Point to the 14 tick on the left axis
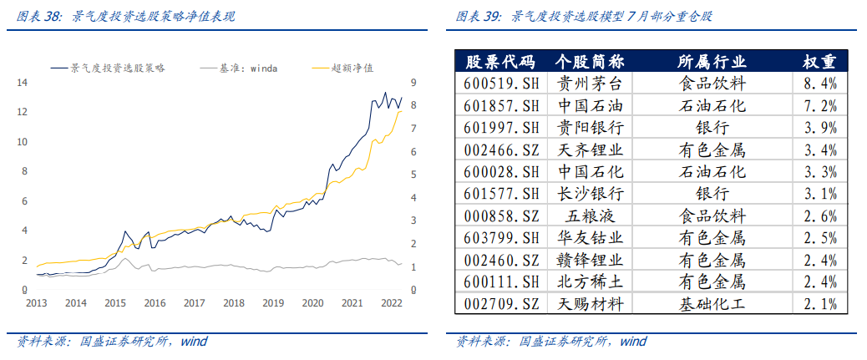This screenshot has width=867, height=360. point(23,83)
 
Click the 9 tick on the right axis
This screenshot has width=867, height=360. point(413,83)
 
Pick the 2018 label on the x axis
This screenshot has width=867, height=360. point(233,303)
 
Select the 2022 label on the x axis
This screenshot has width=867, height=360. point(391,303)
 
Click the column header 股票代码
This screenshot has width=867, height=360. point(499,62)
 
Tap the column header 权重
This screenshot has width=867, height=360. point(819,62)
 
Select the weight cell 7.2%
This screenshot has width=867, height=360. point(819,106)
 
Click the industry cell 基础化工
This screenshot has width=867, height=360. point(712,304)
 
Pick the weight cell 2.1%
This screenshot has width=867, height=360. point(819,304)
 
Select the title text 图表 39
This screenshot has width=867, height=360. point(479,16)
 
